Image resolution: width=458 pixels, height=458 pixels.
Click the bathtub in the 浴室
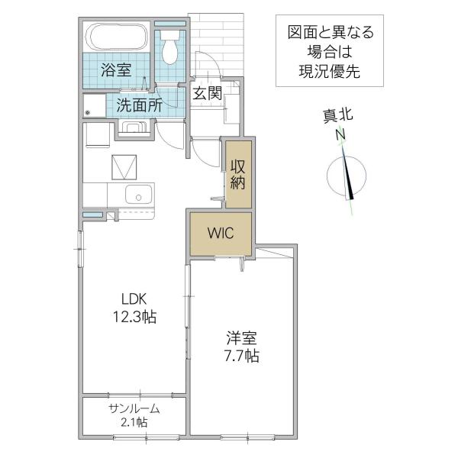point(118,37)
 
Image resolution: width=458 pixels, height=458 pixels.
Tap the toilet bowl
point(169,47)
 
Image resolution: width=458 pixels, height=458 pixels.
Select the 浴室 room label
point(116,70)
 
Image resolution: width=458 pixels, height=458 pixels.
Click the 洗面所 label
point(140,105)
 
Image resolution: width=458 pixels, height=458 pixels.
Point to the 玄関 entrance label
point(208,93)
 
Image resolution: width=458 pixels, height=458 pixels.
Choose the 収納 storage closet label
point(237,175)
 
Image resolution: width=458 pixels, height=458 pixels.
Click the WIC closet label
point(221,233)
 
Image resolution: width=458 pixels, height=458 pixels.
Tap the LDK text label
point(134,298)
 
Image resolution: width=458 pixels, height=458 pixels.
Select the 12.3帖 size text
point(134,317)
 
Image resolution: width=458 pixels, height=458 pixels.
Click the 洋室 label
point(241,338)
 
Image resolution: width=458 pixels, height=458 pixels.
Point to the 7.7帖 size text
point(241,356)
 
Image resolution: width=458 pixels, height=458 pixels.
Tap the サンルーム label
point(134,408)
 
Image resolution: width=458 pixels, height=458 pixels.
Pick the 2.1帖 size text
point(134,422)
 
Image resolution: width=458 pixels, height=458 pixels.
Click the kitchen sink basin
point(138,195)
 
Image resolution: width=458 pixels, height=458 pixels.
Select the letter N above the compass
point(340,134)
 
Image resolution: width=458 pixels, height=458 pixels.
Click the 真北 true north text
point(338,116)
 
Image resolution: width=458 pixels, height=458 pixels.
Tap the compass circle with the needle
point(347,176)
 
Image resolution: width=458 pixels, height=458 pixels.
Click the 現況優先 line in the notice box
point(329,71)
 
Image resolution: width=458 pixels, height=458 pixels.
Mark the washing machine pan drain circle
point(87,112)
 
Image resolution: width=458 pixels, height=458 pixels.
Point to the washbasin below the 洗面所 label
point(134,128)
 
